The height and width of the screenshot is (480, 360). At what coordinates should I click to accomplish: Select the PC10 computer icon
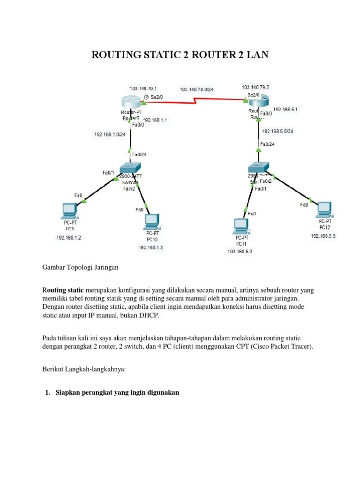(x=152, y=220)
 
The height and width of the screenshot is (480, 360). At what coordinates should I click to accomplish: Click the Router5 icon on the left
(x=130, y=102)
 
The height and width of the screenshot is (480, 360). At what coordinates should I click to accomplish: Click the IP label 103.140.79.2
(x=255, y=87)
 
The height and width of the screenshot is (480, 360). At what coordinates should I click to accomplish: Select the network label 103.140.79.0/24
(x=196, y=89)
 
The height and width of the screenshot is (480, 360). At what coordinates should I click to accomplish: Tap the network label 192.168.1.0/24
(x=110, y=135)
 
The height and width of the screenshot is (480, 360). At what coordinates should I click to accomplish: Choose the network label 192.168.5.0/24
(x=278, y=131)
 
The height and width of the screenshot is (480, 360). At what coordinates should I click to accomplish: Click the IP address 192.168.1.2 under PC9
(x=69, y=238)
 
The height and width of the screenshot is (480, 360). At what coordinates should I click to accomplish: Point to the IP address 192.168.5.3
(x=323, y=236)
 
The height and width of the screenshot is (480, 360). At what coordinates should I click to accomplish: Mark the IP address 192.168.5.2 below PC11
(x=240, y=252)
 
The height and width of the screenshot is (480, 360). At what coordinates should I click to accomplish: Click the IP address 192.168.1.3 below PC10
(x=150, y=247)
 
